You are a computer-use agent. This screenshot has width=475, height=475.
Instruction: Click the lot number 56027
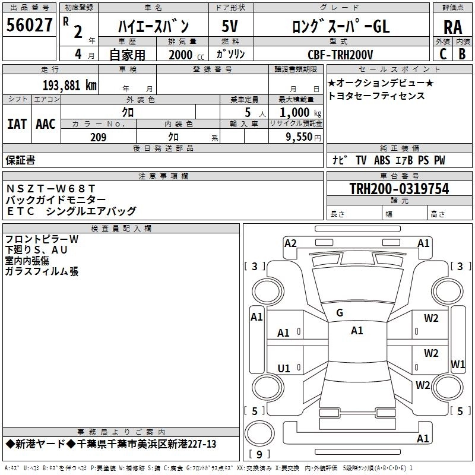pyautogui.click(x=30, y=25)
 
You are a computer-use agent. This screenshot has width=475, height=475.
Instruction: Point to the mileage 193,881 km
pyautogui.click(x=69, y=85)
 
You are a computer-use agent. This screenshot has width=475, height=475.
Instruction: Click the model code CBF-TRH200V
pyautogui.click(x=340, y=55)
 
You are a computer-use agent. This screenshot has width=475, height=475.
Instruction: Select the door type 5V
pyautogui.click(x=230, y=27)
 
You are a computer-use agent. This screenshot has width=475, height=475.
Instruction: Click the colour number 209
pyautogui.click(x=99, y=137)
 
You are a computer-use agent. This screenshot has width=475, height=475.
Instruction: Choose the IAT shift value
pyautogui.click(x=17, y=124)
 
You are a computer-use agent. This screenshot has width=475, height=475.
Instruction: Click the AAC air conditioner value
pyautogui.click(x=46, y=124)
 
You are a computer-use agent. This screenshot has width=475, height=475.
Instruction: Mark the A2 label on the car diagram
pyautogui.click(x=290, y=243)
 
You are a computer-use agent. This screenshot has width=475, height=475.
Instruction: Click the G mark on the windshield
pyautogui.click(x=340, y=313)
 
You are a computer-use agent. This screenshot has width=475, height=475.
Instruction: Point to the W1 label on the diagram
pyautogui.click(x=458, y=364)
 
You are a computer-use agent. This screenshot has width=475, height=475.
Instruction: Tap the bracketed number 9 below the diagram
pyautogui.click(x=259, y=455)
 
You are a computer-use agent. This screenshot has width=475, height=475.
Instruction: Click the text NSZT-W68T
pyautogui.click(x=50, y=189)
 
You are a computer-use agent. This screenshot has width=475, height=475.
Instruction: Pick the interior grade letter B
pyautogui.click(x=462, y=55)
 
